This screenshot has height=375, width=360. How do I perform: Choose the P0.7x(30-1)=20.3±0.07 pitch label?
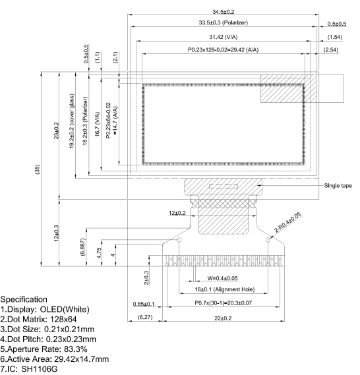224,303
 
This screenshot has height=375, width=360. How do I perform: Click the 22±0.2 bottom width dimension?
224,318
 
